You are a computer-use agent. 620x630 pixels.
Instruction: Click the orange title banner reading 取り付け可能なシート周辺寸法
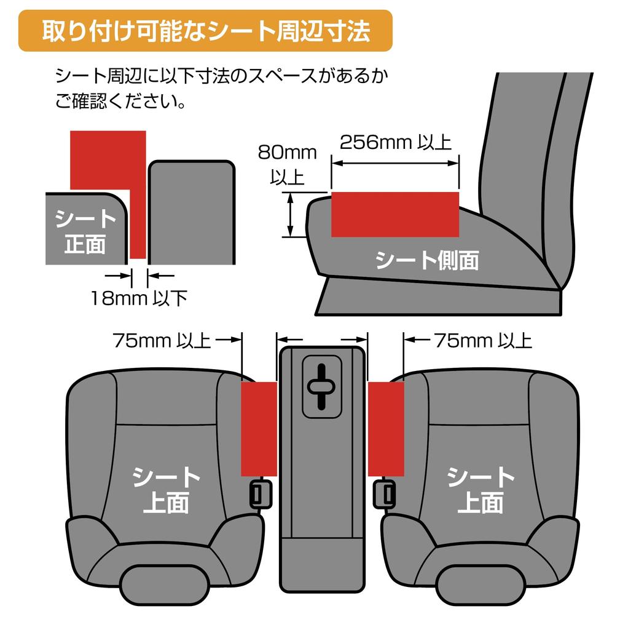pos(205,31)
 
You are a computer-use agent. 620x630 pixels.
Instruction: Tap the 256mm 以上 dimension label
pos(394,142)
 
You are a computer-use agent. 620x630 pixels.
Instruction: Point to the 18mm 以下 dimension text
pos(138,299)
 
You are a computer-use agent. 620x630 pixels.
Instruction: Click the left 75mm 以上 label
pos(162,340)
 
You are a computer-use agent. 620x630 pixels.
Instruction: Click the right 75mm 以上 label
pos(482,340)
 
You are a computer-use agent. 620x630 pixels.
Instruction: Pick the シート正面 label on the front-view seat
pos(85,231)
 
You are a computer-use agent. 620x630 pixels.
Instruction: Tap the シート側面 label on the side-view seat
pos(426,260)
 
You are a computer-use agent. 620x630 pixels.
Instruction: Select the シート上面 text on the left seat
pos(166,490)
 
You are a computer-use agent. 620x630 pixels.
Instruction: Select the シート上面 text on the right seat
pos(480,490)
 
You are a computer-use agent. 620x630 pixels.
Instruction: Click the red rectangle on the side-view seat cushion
pos(394,213)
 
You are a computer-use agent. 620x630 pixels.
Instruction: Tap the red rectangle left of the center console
pos(259,428)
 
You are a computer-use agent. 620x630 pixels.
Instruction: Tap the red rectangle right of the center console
pos(385,428)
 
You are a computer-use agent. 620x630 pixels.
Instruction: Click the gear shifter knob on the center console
pos(321,386)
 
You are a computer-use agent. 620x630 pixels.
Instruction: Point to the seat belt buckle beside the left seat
pos(261,493)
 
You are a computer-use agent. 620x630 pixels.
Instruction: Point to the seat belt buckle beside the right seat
pos(385,493)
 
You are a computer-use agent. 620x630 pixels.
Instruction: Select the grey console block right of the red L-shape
pos(192,212)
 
